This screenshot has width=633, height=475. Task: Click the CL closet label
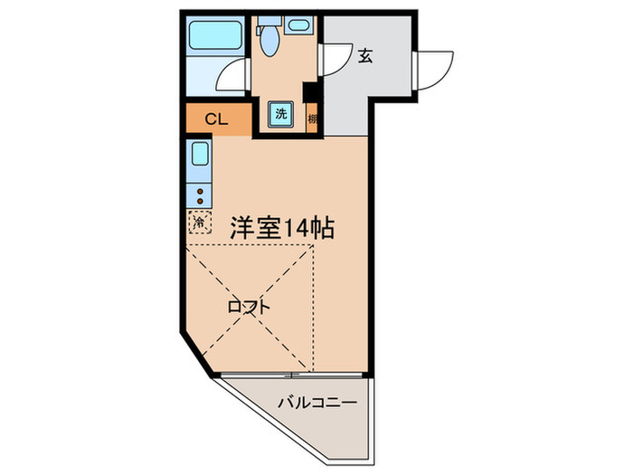coord(215,119)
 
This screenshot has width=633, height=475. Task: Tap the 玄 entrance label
coord(365,56)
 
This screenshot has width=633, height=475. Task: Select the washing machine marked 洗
coord(280,114)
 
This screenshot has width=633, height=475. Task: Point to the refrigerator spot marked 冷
coord(198,221)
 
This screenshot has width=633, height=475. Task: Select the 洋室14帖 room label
coord(281,228)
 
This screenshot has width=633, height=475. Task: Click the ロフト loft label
coord(248,308)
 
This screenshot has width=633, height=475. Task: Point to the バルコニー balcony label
coord(317,402)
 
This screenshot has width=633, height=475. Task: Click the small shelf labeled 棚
coord(313,118)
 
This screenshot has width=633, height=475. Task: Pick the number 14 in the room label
coord(296,228)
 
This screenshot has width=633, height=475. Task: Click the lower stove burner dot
coord(200,202)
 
